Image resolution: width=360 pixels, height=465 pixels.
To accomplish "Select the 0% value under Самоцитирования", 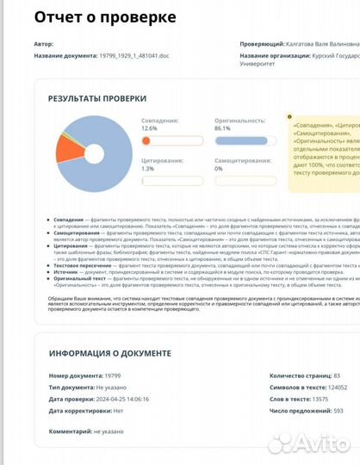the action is coord(218,169).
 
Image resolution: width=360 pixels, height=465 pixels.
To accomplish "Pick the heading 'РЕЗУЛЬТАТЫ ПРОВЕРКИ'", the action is coord(97,99).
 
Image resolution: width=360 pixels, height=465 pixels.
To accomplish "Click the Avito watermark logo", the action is coord(307,443).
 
